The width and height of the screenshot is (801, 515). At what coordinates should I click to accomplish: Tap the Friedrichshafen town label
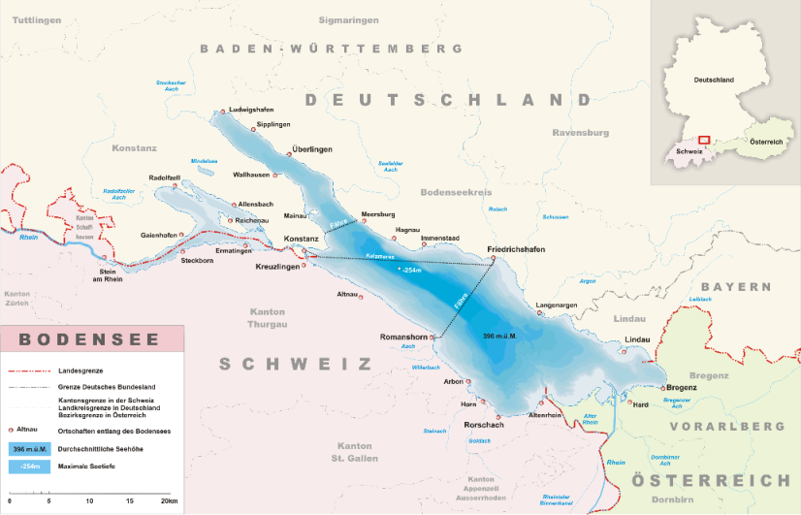(x=523, y=249)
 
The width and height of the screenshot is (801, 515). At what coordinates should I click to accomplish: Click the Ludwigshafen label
(x=255, y=111)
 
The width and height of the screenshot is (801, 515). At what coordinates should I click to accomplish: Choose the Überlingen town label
(x=312, y=149)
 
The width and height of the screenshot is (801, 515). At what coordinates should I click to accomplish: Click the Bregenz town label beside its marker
(x=682, y=387)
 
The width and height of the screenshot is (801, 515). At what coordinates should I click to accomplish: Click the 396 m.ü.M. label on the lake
(x=499, y=336)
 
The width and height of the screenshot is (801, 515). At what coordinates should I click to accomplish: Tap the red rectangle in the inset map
(x=705, y=141)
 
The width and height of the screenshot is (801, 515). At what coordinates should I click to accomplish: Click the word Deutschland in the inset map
(x=707, y=80)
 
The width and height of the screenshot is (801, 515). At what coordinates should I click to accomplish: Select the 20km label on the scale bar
(x=169, y=500)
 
